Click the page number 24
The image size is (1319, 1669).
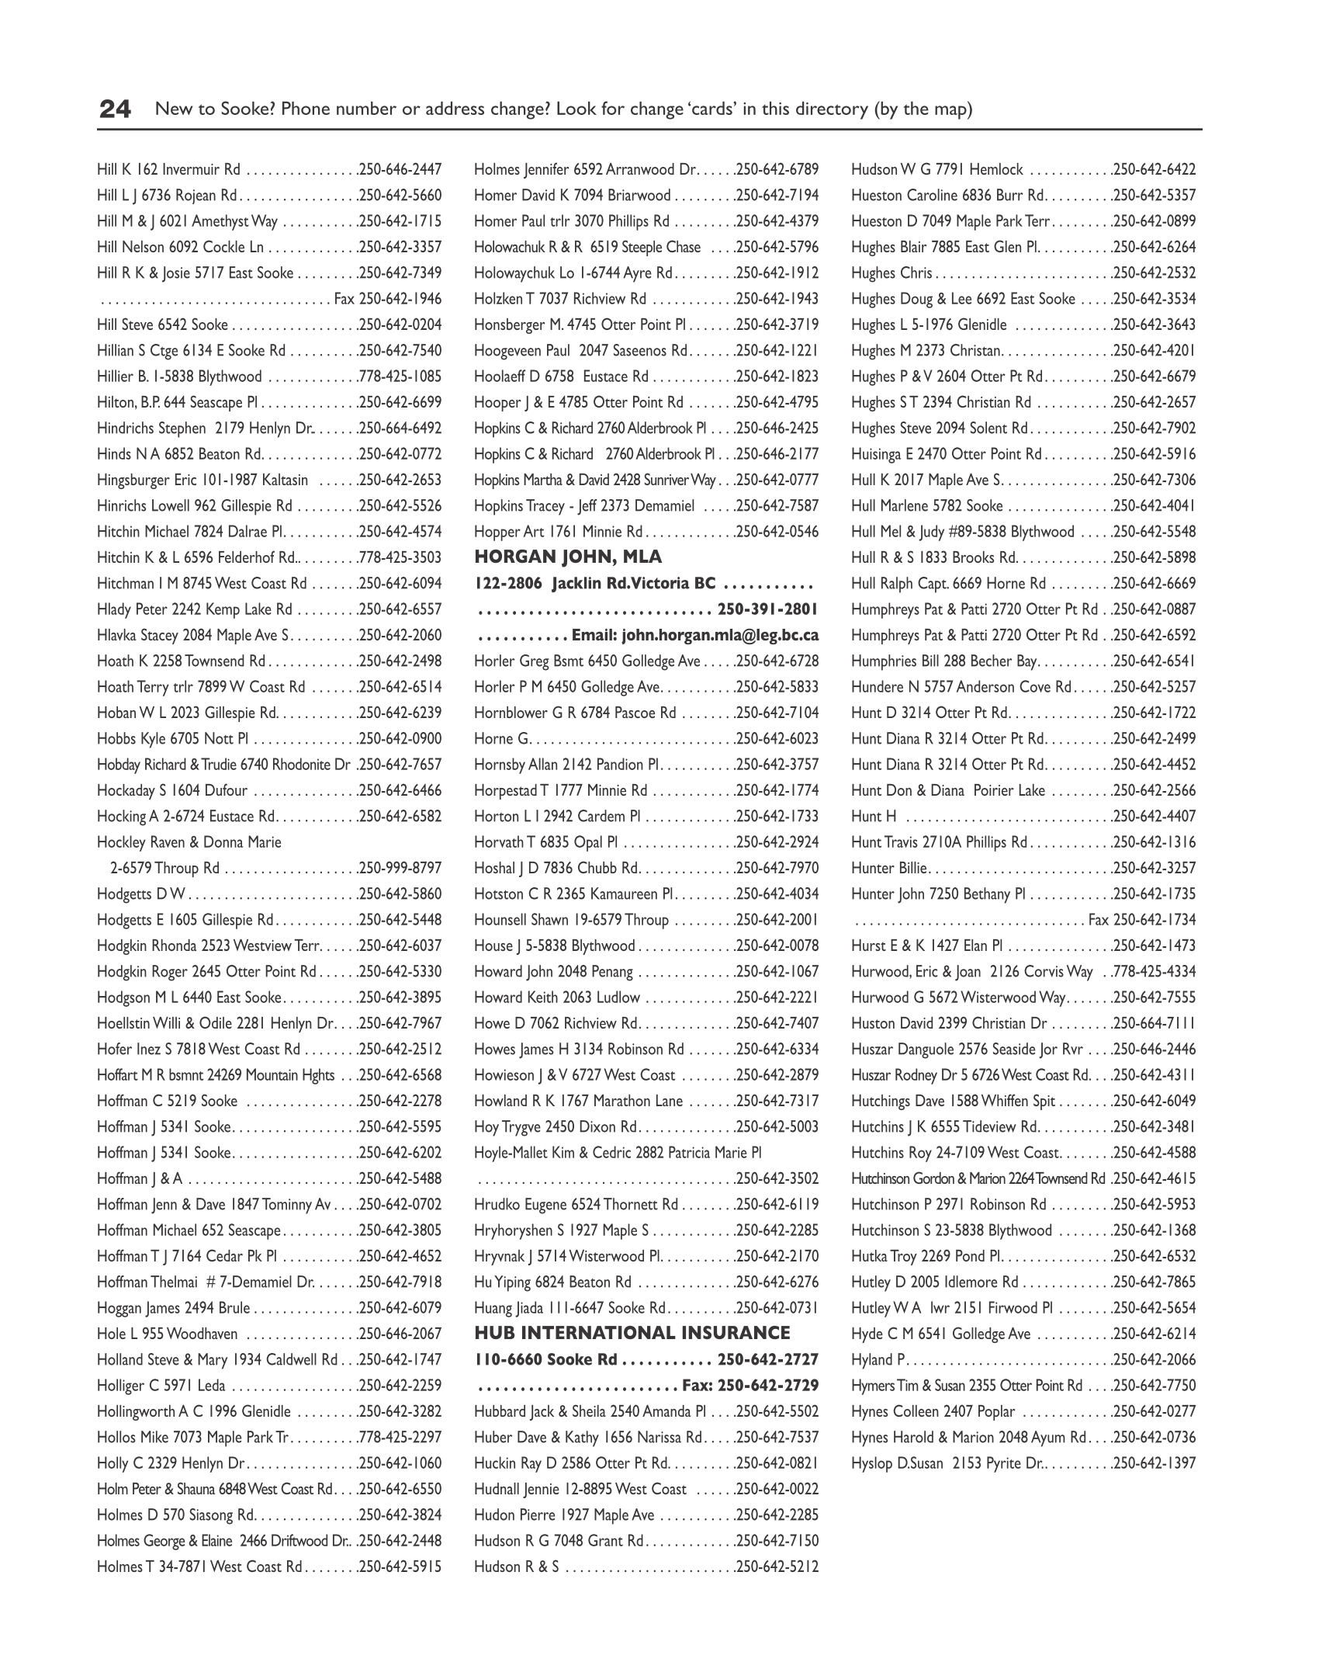[x=115, y=109]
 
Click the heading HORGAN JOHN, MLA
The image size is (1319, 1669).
[x=568, y=557]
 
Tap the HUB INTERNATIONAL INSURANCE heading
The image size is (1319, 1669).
[x=632, y=1334]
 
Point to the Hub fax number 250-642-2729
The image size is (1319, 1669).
[x=768, y=1386]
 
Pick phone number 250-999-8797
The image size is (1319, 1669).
[x=400, y=868]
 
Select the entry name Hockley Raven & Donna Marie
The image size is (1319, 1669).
[x=189, y=842]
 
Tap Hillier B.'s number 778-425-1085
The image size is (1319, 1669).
[x=400, y=376]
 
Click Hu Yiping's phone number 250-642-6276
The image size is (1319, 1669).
[x=777, y=1282]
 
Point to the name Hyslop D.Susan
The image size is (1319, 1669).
[x=897, y=1463]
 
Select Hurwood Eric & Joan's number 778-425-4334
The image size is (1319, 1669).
[x=1155, y=971]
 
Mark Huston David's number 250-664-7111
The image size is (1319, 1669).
[x=1155, y=1023]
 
